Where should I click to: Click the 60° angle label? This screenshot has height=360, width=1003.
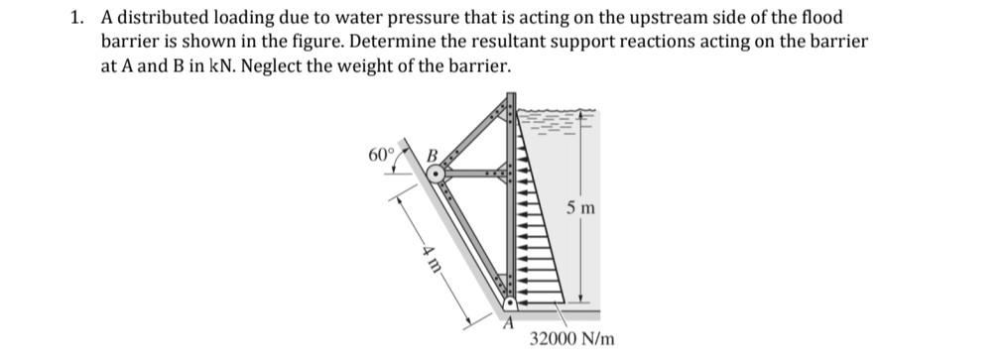381,155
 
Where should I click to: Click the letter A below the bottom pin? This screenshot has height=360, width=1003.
510,321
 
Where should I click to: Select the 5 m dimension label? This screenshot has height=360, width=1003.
581,208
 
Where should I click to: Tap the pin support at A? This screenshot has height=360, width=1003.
508,303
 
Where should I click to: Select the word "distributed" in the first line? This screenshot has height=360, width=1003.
159,19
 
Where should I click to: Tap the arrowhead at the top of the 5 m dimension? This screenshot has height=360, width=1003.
581,112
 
